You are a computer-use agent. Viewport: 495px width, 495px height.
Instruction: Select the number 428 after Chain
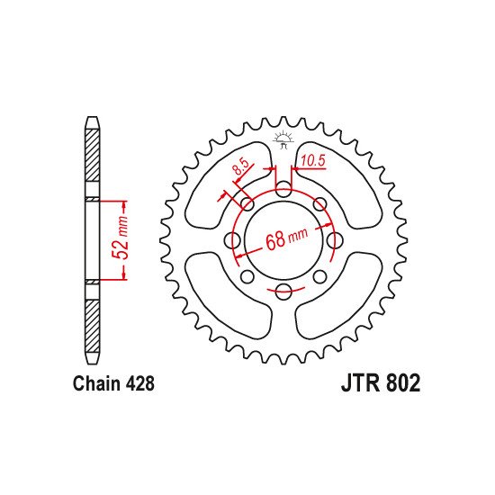(140, 383)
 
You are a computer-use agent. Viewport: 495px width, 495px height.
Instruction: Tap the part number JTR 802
(380, 383)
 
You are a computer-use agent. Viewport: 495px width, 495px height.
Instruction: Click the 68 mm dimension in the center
(286, 239)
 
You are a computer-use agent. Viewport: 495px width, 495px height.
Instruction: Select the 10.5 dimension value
(313, 163)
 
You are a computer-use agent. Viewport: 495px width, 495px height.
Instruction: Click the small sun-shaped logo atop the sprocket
(283, 139)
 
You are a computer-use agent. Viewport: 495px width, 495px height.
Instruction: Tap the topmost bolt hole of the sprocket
(283, 189)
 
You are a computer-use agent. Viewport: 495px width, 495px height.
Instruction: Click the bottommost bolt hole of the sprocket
(283, 290)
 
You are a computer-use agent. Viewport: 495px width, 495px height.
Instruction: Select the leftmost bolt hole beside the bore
(233, 239)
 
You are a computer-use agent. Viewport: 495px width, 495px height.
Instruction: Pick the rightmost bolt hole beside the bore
(334, 239)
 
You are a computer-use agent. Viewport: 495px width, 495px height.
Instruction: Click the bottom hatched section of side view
(93, 319)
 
